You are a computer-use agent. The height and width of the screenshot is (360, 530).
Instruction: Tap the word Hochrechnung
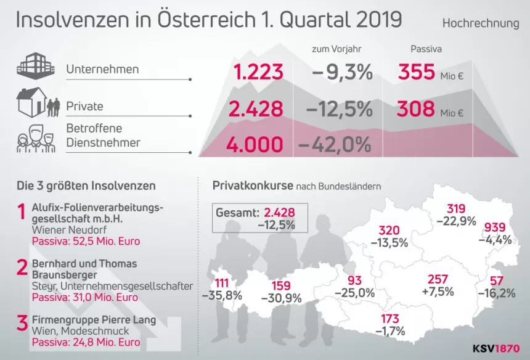pyautogui.click(x=481, y=23)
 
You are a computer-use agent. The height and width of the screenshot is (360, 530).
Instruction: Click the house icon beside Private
pyautogui.click(x=32, y=102)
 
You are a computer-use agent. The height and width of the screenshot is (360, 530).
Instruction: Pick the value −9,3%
pyautogui.click(x=342, y=73)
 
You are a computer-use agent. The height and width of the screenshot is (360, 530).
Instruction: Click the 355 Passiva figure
pyautogui.click(x=417, y=73)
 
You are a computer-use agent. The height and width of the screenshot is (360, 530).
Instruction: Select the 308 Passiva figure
pyautogui.click(x=417, y=110)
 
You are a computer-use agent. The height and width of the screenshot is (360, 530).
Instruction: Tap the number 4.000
pyautogui.click(x=255, y=145)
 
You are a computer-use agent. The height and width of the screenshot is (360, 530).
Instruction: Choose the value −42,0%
pyautogui.click(x=335, y=145)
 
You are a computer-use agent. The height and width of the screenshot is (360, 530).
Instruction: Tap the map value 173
pyautogui.click(x=389, y=319)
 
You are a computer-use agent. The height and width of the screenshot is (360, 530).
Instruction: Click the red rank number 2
pyautogui.click(x=22, y=268)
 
